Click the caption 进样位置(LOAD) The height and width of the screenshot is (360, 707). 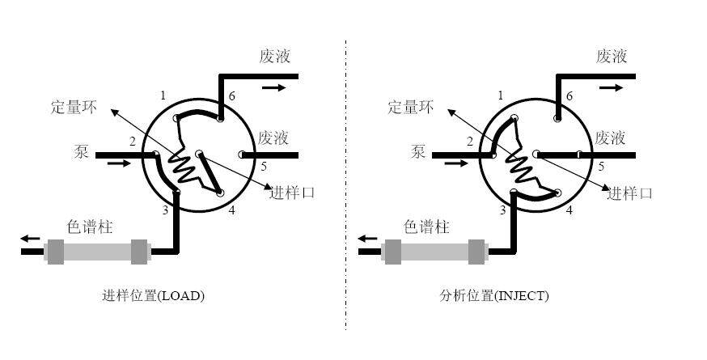153,296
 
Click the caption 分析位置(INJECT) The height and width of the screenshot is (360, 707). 495,296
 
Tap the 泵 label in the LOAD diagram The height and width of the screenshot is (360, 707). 82,150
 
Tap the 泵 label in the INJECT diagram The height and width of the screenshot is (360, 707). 419,150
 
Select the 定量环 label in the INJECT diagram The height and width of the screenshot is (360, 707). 411,106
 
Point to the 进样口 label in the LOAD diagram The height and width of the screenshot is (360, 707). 292,193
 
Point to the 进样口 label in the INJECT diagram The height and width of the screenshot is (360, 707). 630,193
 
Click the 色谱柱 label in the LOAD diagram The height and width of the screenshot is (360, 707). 89,227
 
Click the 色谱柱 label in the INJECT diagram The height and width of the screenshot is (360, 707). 426,227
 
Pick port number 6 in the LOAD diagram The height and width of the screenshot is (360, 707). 232,97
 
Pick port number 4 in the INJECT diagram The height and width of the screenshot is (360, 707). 569,210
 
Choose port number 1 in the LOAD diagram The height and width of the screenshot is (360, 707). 163,96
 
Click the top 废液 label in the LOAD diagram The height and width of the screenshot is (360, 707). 275,57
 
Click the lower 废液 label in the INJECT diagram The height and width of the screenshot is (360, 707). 612,138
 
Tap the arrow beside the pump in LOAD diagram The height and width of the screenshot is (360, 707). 118,163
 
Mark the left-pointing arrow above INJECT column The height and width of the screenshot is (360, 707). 367,239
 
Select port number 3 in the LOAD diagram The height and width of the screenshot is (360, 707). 165,210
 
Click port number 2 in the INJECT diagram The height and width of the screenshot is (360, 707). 468,142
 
